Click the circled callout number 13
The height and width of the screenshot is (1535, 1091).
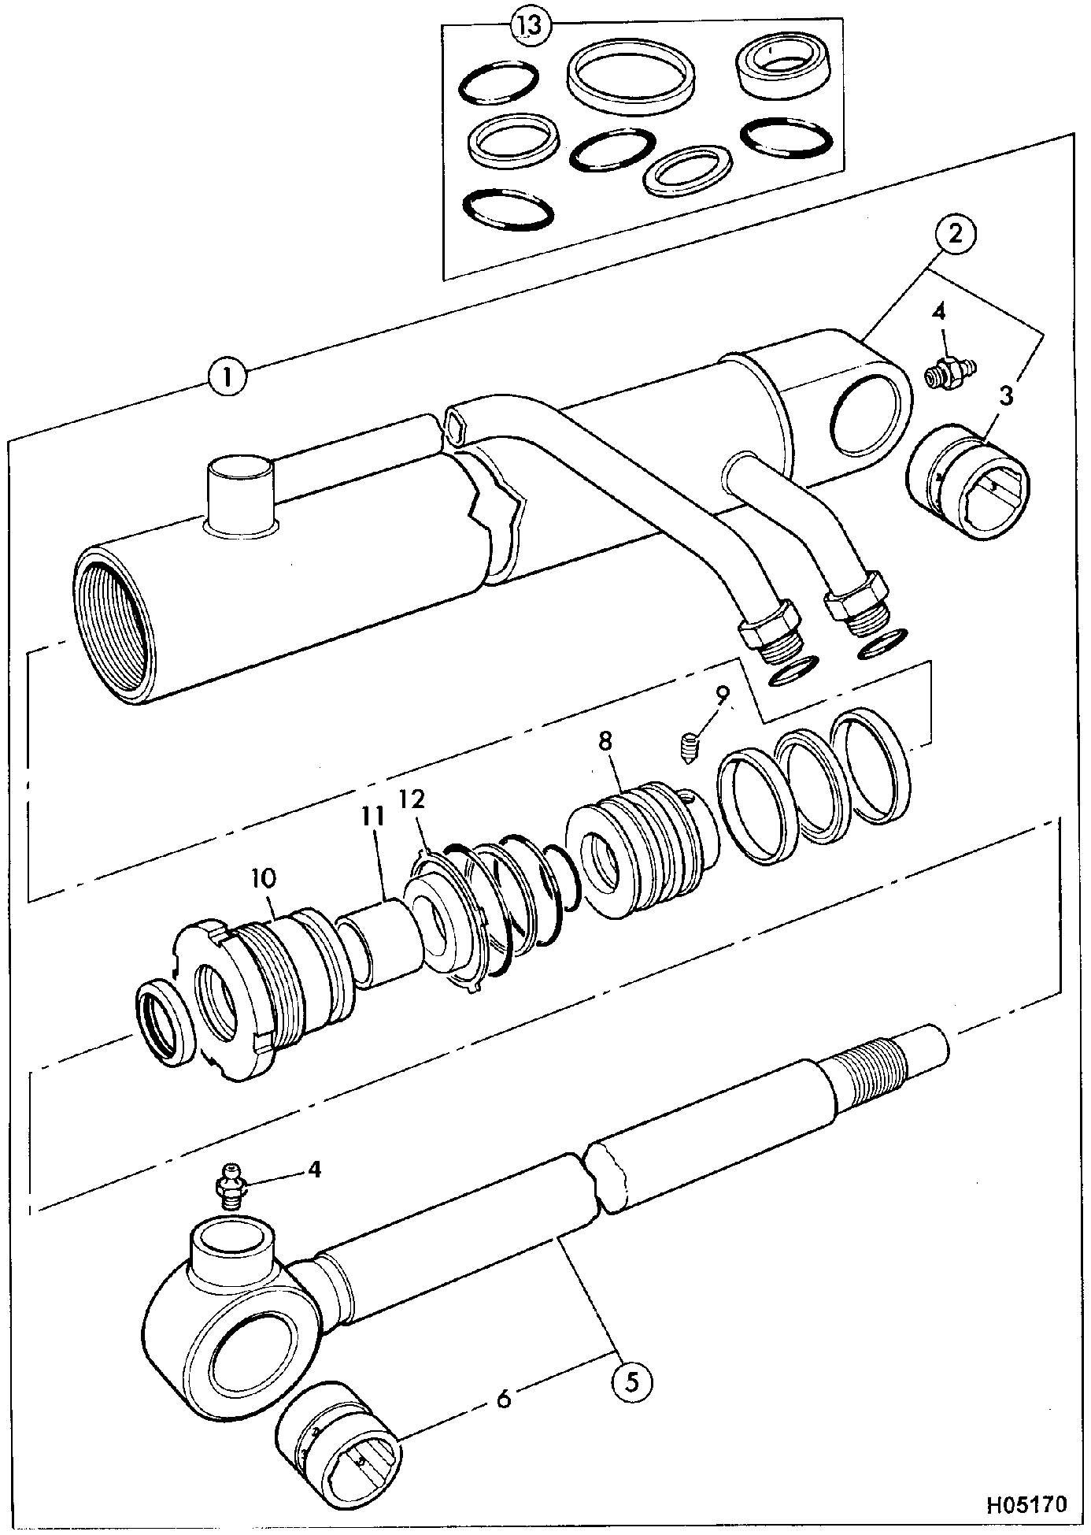[x=531, y=25]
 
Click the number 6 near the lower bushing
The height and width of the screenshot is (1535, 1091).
[x=504, y=1399]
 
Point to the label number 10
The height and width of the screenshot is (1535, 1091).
[x=264, y=877]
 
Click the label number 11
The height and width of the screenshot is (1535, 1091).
[x=373, y=818]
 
